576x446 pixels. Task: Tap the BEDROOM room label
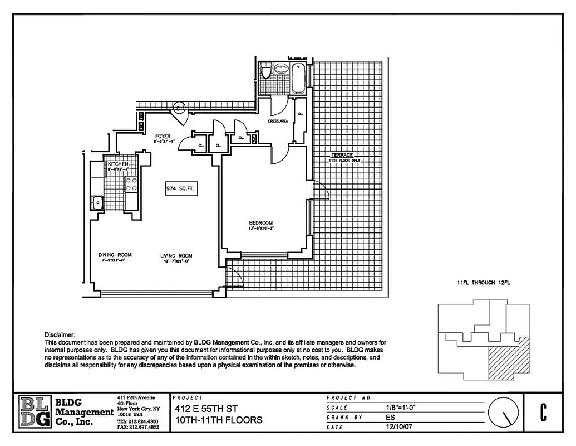261,223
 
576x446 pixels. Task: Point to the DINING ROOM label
115,255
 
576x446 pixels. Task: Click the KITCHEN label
118,164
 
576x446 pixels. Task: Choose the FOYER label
163,136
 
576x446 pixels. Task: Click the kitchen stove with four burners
132,184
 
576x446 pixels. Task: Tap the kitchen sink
97,202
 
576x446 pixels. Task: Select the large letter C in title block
542,411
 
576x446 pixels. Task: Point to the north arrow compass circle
503,413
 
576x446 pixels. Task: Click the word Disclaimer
60,334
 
